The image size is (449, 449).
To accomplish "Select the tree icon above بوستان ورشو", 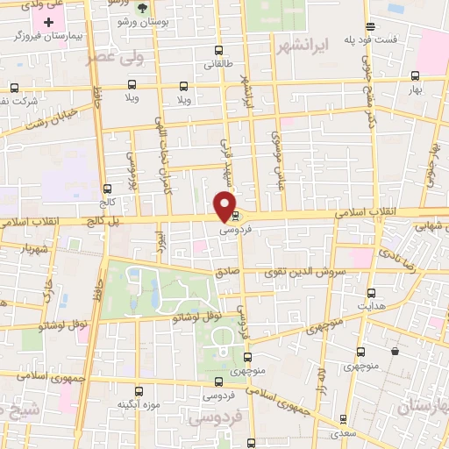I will [142, 8].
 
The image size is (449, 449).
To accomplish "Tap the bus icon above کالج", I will [107, 189].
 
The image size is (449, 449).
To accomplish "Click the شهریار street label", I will [18, 248].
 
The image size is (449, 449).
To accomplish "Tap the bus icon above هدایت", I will [371, 293].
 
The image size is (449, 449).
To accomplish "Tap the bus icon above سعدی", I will [343, 418].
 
